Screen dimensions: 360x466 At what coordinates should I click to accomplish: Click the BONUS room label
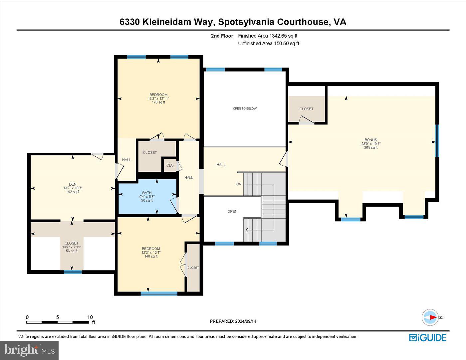(x=370, y=140)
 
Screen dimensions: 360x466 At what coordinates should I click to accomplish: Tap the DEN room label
(x=73, y=184)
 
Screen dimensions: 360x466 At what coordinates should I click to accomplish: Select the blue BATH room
(x=147, y=197)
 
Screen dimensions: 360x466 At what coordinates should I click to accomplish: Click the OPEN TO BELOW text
(x=245, y=108)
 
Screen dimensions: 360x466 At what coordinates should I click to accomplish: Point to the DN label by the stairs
(x=239, y=184)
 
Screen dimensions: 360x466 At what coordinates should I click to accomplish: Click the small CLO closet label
(x=170, y=165)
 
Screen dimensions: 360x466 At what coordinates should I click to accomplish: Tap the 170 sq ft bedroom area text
(x=158, y=102)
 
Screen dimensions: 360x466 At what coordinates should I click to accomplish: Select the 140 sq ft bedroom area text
(x=151, y=257)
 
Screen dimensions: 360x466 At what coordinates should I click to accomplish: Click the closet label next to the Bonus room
(x=306, y=109)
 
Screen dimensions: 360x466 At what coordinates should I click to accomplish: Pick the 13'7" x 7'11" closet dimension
(x=72, y=247)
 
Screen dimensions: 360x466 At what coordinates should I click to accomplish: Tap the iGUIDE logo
(x=428, y=337)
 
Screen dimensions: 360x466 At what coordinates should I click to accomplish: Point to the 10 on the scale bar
(x=90, y=317)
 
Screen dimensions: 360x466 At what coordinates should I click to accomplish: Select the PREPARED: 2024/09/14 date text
(x=233, y=321)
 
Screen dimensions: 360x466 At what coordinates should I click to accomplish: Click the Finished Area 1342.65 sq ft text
(x=268, y=36)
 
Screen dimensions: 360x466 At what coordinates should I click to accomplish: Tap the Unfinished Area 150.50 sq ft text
(x=269, y=43)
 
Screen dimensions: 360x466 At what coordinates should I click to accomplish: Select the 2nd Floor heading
(x=222, y=36)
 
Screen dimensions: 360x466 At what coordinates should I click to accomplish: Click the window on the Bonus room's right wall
(x=437, y=140)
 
